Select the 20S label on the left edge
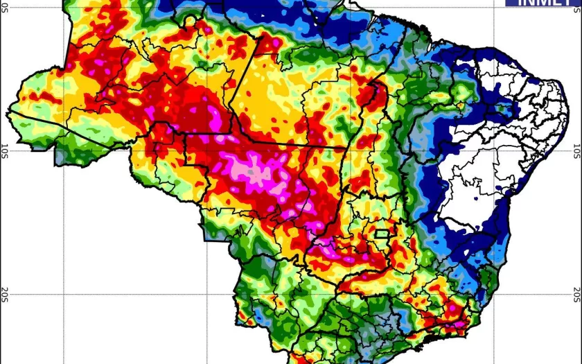[5, 294]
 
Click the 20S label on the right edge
[576, 295]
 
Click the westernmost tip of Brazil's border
[8, 110]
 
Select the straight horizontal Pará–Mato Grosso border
[291, 145]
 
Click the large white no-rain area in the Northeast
[485, 166]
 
